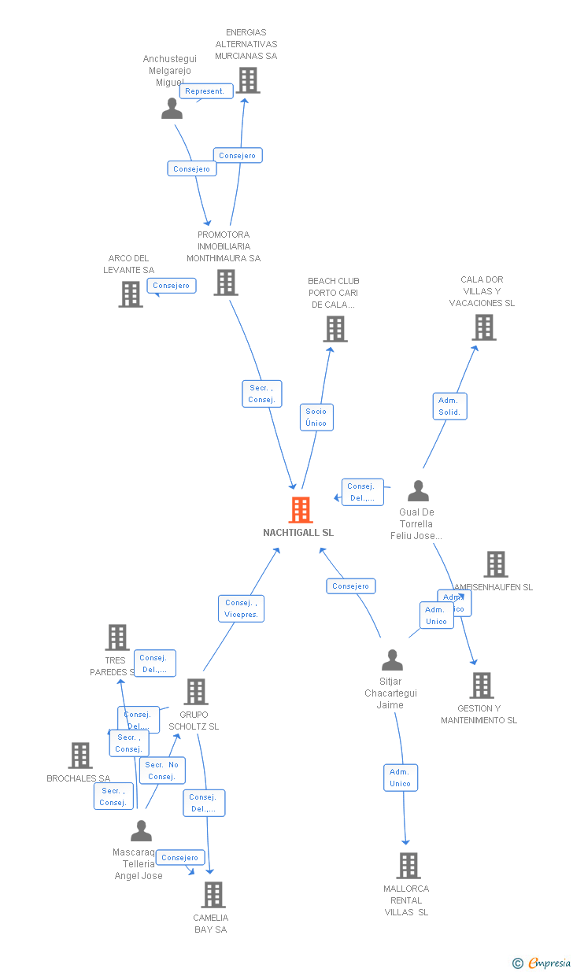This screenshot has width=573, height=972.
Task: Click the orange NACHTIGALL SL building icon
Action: (x=300, y=510)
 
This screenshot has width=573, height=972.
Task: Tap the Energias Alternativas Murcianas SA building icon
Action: (x=247, y=80)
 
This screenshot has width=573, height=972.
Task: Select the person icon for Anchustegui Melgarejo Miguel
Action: (x=172, y=109)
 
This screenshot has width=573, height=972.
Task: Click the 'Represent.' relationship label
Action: (x=205, y=91)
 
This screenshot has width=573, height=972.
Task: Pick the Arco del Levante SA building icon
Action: (x=131, y=294)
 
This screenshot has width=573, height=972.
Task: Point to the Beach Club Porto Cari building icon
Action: (x=335, y=329)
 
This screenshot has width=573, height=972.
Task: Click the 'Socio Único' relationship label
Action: (x=316, y=417)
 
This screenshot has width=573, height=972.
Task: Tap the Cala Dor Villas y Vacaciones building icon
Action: (x=483, y=327)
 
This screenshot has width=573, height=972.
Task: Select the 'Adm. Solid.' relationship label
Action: (x=449, y=406)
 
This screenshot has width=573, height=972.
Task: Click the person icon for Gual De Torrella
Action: (x=418, y=491)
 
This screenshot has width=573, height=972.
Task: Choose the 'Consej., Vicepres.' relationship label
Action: (x=241, y=608)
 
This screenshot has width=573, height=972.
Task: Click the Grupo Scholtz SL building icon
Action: (x=195, y=692)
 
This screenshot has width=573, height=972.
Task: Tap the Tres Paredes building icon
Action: (x=116, y=638)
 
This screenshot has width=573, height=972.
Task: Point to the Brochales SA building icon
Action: (x=79, y=756)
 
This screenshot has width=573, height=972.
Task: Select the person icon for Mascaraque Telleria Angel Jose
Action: (x=141, y=830)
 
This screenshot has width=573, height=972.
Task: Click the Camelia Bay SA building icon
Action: (x=213, y=895)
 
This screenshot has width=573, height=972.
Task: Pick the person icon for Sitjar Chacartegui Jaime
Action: (x=391, y=660)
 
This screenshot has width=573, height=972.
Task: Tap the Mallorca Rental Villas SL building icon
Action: (x=408, y=866)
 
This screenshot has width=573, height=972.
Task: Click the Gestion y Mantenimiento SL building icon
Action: (x=481, y=686)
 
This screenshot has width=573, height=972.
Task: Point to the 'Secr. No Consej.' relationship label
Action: (x=161, y=771)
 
